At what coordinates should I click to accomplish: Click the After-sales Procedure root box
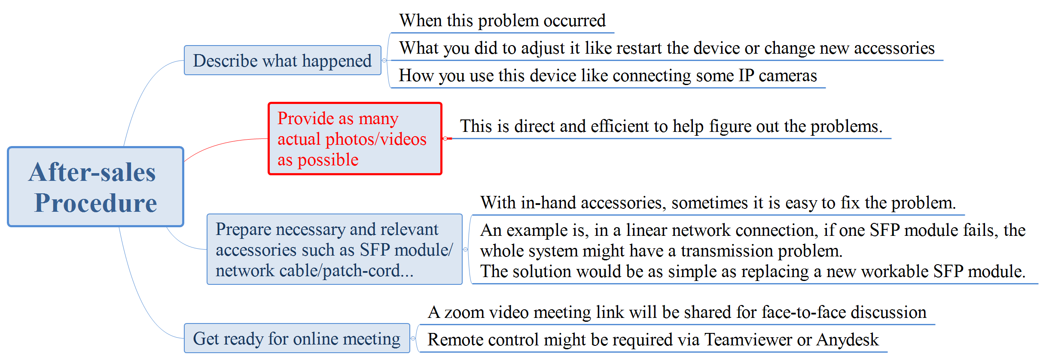[x=95, y=187]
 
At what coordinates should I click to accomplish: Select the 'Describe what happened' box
[x=283, y=61]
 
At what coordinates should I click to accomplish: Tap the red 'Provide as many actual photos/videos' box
[x=355, y=139]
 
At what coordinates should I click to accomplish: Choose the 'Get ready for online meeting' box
[x=297, y=339]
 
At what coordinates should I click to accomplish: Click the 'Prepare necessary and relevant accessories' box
[x=335, y=250]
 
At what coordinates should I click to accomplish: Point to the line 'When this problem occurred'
[x=502, y=21]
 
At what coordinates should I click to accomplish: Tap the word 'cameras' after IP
[x=788, y=76]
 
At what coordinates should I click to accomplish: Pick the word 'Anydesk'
[x=848, y=339]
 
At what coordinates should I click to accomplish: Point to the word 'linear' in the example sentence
[x=645, y=230]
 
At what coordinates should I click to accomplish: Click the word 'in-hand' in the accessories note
[x=549, y=203]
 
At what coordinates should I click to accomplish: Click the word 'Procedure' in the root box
[x=96, y=203]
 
